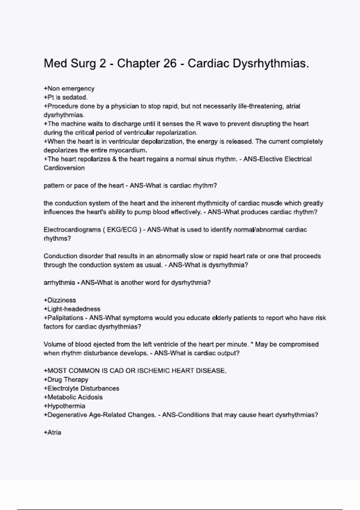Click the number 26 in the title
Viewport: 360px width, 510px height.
click(x=170, y=64)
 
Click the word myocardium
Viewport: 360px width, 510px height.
click(x=128, y=150)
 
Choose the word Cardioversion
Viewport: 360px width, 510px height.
click(x=64, y=168)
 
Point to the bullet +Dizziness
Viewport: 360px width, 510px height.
click(x=60, y=300)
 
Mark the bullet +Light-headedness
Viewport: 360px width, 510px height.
click(x=72, y=309)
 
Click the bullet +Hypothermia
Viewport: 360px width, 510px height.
click(x=64, y=406)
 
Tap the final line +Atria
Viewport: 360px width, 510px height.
click(x=52, y=433)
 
